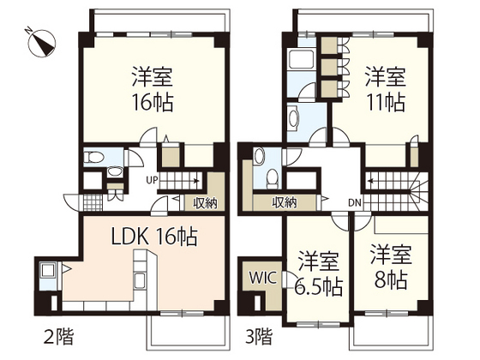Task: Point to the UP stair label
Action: (152, 180)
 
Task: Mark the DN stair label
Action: (355, 202)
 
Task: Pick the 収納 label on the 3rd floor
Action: (285, 202)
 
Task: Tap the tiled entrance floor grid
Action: (91, 204)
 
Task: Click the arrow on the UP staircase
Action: (195, 180)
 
